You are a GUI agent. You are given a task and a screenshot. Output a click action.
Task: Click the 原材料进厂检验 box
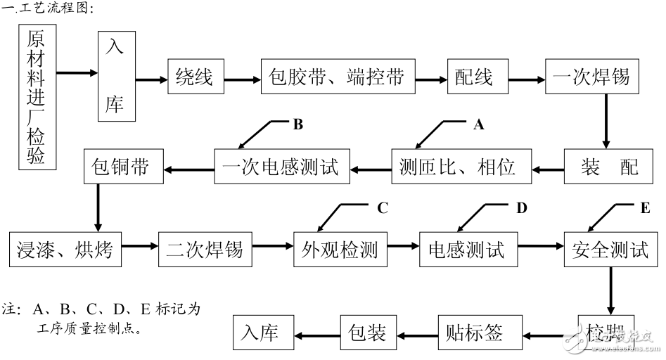pyautogui.click(x=37, y=98)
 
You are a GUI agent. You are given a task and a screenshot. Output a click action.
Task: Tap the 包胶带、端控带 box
pyautogui.click(x=338, y=77)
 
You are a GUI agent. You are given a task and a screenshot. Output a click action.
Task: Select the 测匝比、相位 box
pyautogui.click(x=457, y=166)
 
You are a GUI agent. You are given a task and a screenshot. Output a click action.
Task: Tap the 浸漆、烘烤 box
pyautogui.click(x=66, y=249)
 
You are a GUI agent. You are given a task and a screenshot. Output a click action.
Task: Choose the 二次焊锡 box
pyautogui.click(x=205, y=249)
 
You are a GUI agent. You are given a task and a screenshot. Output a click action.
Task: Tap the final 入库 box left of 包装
pyautogui.click(x=261, y=332)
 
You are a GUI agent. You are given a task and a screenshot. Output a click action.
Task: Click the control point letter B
pyautogui.click(x=297, y=124)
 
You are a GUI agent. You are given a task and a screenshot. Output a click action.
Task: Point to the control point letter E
pyautogui.click(x=645, y=207)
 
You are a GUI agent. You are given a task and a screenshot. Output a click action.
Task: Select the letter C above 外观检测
pyautogui.click(x=382, y=207)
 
